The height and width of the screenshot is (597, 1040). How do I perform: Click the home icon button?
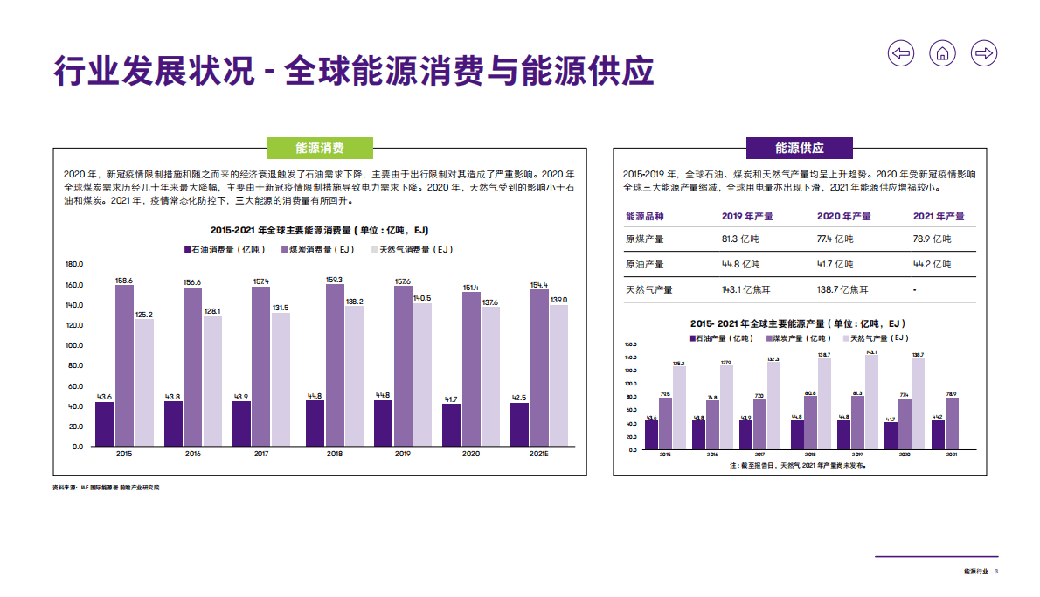click(942, 53)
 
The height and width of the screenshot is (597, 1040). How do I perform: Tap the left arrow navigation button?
click(901, 53)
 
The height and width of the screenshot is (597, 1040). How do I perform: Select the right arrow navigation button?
click(984, 53)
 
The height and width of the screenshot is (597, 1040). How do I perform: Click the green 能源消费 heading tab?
click(319, 148)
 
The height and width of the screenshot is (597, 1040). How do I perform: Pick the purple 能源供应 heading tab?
click(799, 148)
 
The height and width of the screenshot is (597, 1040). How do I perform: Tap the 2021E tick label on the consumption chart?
click(539, 455)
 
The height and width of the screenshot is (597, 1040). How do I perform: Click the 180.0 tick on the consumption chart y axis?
click(74, 264)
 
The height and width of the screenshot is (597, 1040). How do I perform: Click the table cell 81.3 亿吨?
click(740, 239)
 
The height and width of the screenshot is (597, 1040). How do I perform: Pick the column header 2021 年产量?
click(939, 216)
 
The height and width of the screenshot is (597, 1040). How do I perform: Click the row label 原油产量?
click(645, 264)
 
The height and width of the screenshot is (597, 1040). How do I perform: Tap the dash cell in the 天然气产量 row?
click(914, 289)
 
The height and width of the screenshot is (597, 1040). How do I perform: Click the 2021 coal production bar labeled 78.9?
click(952, 423)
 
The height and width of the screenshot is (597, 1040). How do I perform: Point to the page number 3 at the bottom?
click(997, 572)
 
